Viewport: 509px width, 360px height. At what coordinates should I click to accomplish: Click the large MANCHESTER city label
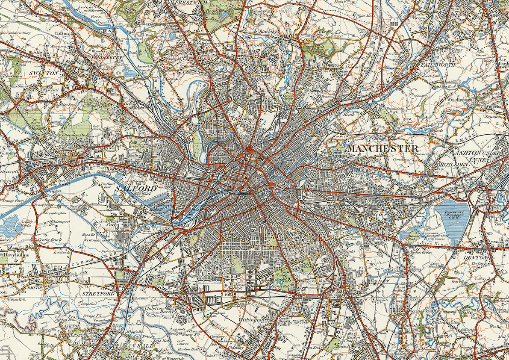(x=382, y=149)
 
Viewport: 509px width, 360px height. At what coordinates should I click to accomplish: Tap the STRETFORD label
(x=99, y=294)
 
